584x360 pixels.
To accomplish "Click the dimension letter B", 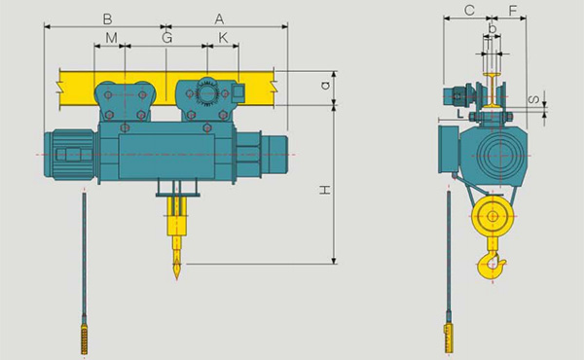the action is pos(107,19).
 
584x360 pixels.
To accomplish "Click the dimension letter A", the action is pos(219,19).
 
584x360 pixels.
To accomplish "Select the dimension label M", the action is pos(111,38).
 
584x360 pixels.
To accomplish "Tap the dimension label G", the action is pos(167,38).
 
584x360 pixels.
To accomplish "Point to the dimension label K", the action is pos(223,38).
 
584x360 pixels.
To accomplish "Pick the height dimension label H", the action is pos(325,191).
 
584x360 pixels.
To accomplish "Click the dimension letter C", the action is pos(470,10).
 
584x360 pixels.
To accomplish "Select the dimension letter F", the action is pos(513,11).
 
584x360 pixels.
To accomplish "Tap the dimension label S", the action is pos(534,100).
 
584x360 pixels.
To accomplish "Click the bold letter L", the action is pos(460,114).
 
